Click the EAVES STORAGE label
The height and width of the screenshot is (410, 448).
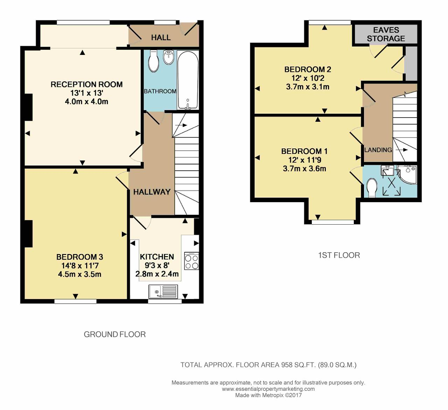(386, 34)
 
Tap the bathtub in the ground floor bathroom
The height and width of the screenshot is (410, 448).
(188, 80)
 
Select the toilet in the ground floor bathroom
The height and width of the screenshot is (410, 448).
(153, 61)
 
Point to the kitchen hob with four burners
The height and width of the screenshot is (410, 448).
(191, 261)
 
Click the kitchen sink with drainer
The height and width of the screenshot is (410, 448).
(163, 291)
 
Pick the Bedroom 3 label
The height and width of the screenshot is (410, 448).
(80, 257)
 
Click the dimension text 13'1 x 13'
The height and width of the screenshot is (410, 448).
(87, 93)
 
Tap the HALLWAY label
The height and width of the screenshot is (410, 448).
(152, 192)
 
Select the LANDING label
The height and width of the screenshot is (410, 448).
(378, 150)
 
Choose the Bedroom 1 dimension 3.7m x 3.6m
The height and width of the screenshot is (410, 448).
(304, 168)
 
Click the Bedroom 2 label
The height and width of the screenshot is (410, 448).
(308, 70)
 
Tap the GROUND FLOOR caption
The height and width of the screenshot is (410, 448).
(114, 334)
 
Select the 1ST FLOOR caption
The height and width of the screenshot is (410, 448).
(339, 255)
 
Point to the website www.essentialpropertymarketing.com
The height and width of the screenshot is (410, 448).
(268, 389)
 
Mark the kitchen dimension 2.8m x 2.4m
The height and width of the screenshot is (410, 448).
(157, 274)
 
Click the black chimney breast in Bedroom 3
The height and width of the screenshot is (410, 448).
(28, 234)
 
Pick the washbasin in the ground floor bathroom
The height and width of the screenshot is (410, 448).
(169, 57)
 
